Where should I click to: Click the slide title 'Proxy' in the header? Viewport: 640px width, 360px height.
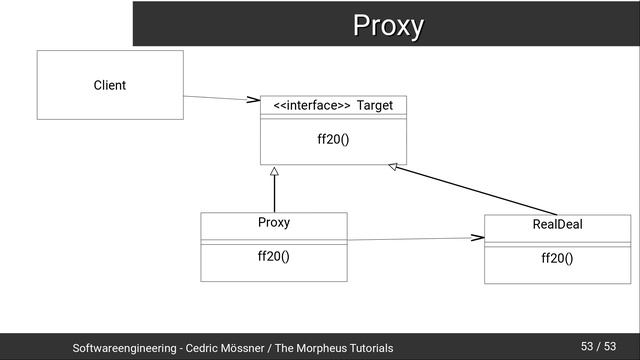387,25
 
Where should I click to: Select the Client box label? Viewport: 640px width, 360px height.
109,85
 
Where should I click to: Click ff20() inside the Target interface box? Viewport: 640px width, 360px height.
333,139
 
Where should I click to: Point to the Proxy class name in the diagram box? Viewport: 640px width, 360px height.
274,222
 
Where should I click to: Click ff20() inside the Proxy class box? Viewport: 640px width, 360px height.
274,256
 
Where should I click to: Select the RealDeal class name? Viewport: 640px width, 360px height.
557,225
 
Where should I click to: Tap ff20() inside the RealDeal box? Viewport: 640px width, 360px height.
557,259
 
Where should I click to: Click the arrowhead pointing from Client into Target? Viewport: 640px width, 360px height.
253,100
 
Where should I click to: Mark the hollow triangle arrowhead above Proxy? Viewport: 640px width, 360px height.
274,173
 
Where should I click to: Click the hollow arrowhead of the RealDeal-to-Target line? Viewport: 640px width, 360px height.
394,167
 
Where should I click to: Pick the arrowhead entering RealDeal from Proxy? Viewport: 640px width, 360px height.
477,238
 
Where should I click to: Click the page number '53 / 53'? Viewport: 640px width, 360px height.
598,347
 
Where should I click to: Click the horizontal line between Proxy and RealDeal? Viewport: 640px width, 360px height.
410,239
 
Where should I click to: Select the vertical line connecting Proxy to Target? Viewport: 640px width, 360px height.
274,196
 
